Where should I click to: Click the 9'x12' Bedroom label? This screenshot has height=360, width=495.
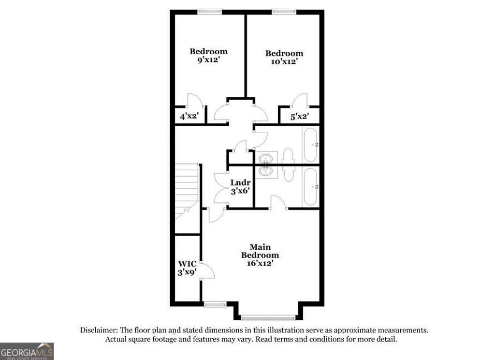[208, 52]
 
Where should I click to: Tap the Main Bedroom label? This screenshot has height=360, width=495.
[260, 251]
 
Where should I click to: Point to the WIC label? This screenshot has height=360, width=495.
[187, 264]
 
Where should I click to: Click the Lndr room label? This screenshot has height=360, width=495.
[240, 183]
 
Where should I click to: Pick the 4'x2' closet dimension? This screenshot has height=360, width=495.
[189, 116]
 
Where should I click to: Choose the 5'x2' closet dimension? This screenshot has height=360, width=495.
[299, 116]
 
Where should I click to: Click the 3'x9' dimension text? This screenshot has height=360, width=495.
[187, 272]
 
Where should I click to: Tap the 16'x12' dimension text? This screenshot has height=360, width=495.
[260, 263]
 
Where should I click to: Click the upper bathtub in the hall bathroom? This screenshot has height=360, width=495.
[310, 145]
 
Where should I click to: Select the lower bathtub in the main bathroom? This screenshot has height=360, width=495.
[310, 186]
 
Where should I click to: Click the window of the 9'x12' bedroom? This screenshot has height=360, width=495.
[210, 11]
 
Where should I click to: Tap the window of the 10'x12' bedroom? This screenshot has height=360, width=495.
[284, 11]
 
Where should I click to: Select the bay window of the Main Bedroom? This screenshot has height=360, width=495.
[268, 318]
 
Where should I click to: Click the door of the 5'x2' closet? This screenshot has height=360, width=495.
[300, 100]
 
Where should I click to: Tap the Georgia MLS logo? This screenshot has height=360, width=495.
[27, 351]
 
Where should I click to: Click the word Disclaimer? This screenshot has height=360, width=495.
[97, 330]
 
